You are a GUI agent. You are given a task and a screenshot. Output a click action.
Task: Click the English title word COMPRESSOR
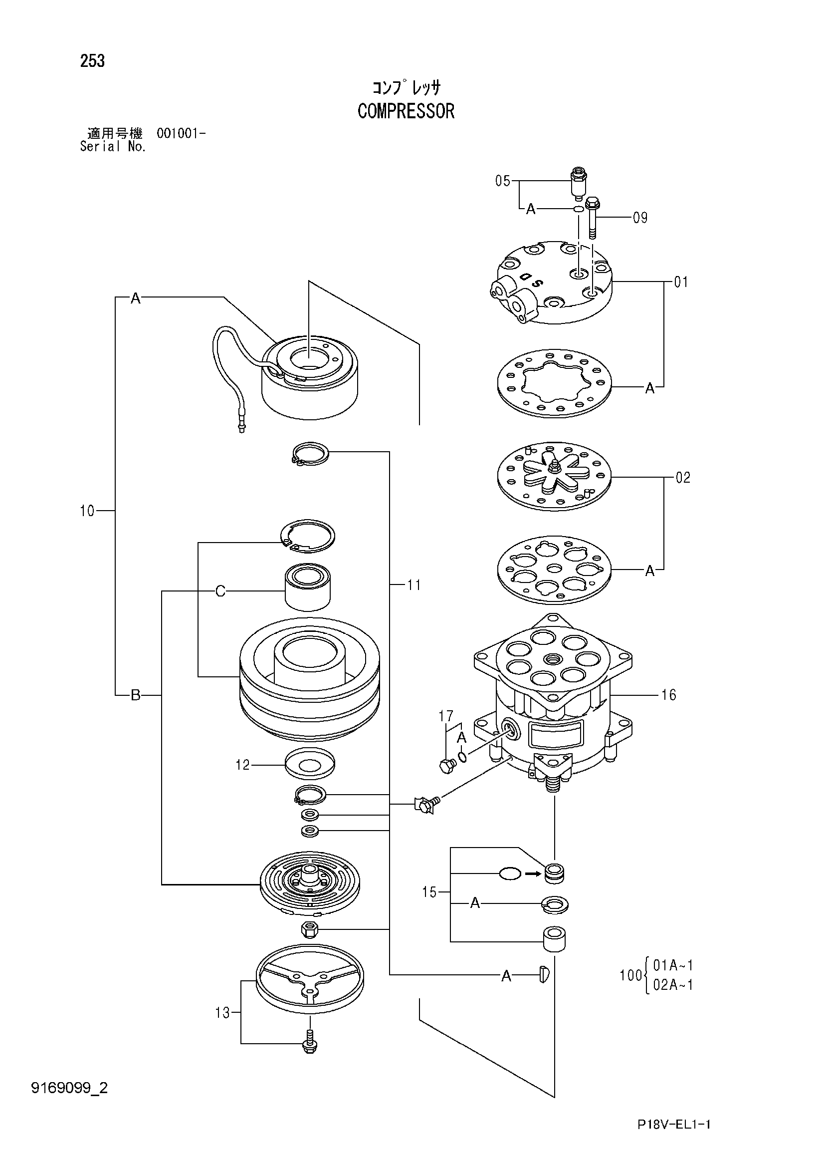406,111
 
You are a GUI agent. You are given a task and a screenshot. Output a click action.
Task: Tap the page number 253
92,61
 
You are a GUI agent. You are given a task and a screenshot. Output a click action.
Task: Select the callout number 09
640,218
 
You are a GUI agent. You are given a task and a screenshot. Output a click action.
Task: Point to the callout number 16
668,695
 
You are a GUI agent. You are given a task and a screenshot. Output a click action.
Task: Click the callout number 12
243,765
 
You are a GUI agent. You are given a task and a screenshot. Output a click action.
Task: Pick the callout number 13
222,1013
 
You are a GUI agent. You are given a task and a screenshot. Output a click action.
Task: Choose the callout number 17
446,716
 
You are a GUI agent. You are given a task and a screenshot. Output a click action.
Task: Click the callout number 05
503,181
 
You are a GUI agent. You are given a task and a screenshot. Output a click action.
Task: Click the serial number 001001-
181,134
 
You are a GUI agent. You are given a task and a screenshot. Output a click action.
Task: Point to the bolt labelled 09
593,218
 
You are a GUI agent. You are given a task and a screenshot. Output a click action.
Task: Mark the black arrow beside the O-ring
532,874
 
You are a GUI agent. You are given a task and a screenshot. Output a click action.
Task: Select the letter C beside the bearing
220,591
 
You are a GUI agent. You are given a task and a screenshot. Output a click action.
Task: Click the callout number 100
630,975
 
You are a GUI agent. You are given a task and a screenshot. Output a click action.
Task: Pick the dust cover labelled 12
310,764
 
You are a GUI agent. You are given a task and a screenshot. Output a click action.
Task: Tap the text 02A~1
673,985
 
